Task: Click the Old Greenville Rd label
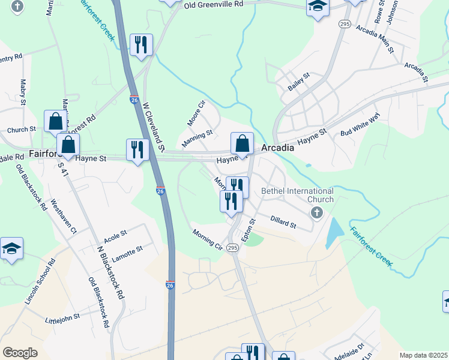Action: [213, 4]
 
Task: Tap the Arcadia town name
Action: [277, 148]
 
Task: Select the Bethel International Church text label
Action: [297, 195]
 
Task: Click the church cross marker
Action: [316, 212]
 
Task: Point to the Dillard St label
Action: [283, 222]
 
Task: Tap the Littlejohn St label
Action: [62, 317]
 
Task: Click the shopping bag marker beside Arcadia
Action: [242, 143]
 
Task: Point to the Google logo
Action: [20, 353]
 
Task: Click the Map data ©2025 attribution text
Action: [424, 355]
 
